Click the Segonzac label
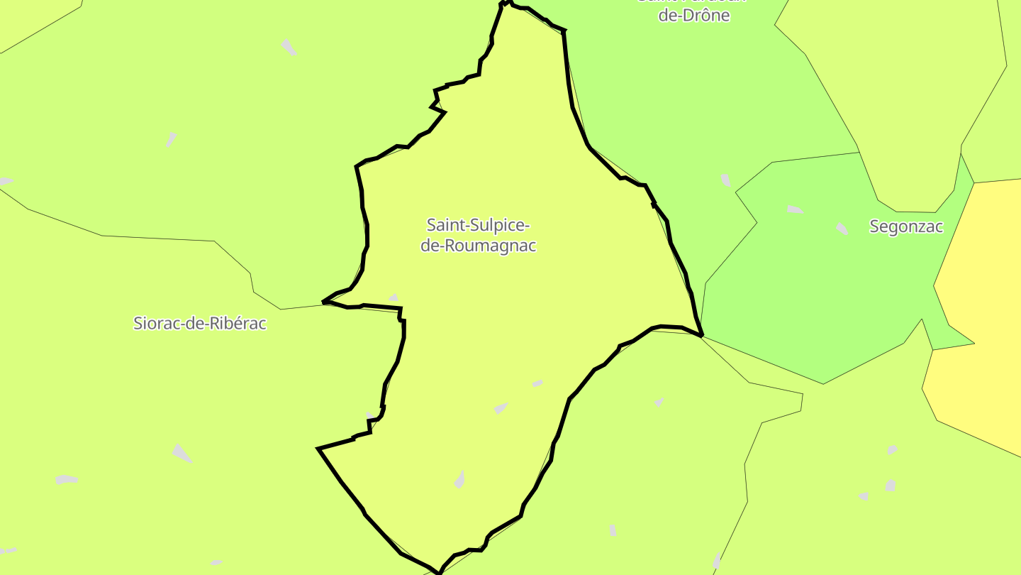906,226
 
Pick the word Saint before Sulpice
442,225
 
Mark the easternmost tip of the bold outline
702,335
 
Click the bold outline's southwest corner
318,449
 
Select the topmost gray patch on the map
289,48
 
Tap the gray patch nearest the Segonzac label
842,229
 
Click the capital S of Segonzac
874,226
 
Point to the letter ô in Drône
704,15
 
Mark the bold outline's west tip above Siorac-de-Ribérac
324,302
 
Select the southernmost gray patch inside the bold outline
459,480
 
